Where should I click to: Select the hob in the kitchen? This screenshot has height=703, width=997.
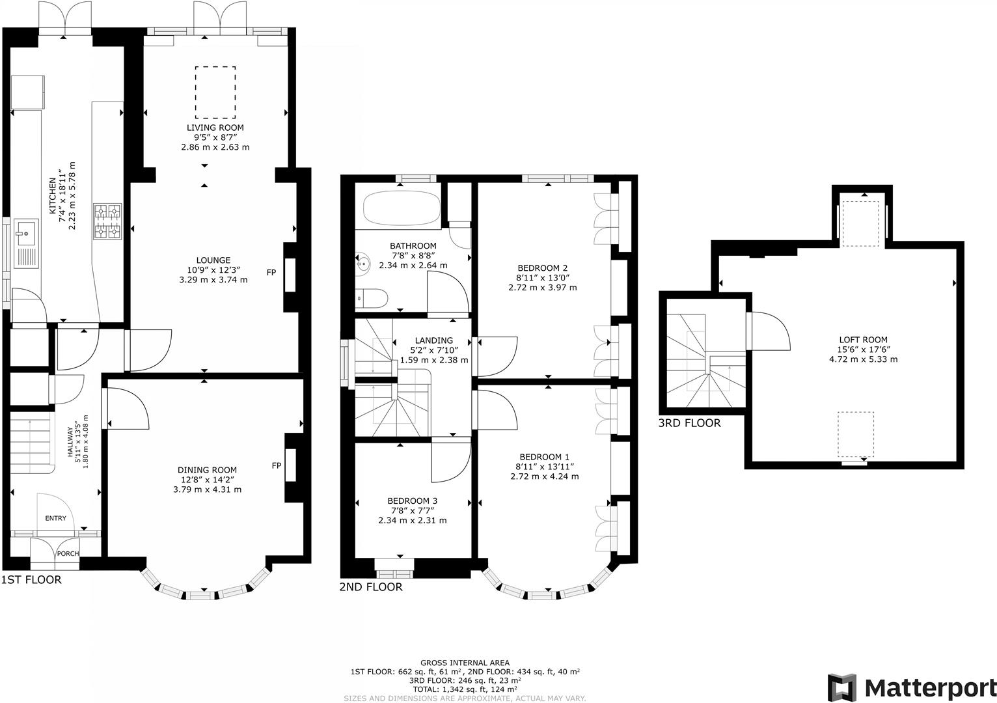[108, 221]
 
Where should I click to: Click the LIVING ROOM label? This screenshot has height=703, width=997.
[215, 128]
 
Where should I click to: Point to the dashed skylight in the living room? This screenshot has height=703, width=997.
[215, 92]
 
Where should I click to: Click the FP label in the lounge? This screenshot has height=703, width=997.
[271, 272]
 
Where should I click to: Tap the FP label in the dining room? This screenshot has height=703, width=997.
[277, 465]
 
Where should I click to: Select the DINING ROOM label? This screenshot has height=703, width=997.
[207, 470]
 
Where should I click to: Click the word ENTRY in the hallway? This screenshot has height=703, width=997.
[55, 518]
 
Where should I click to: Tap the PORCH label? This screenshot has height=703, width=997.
[68, 554]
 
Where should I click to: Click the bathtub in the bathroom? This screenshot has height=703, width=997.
[401, 208]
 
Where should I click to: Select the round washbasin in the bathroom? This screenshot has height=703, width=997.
[362, 264]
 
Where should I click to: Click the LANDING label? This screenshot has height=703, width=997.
[433, 340]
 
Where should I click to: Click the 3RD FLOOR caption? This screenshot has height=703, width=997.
[689, 423]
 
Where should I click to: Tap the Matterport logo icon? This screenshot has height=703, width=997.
[841, 687]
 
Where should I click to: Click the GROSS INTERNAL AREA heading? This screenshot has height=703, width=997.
[465, 663]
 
